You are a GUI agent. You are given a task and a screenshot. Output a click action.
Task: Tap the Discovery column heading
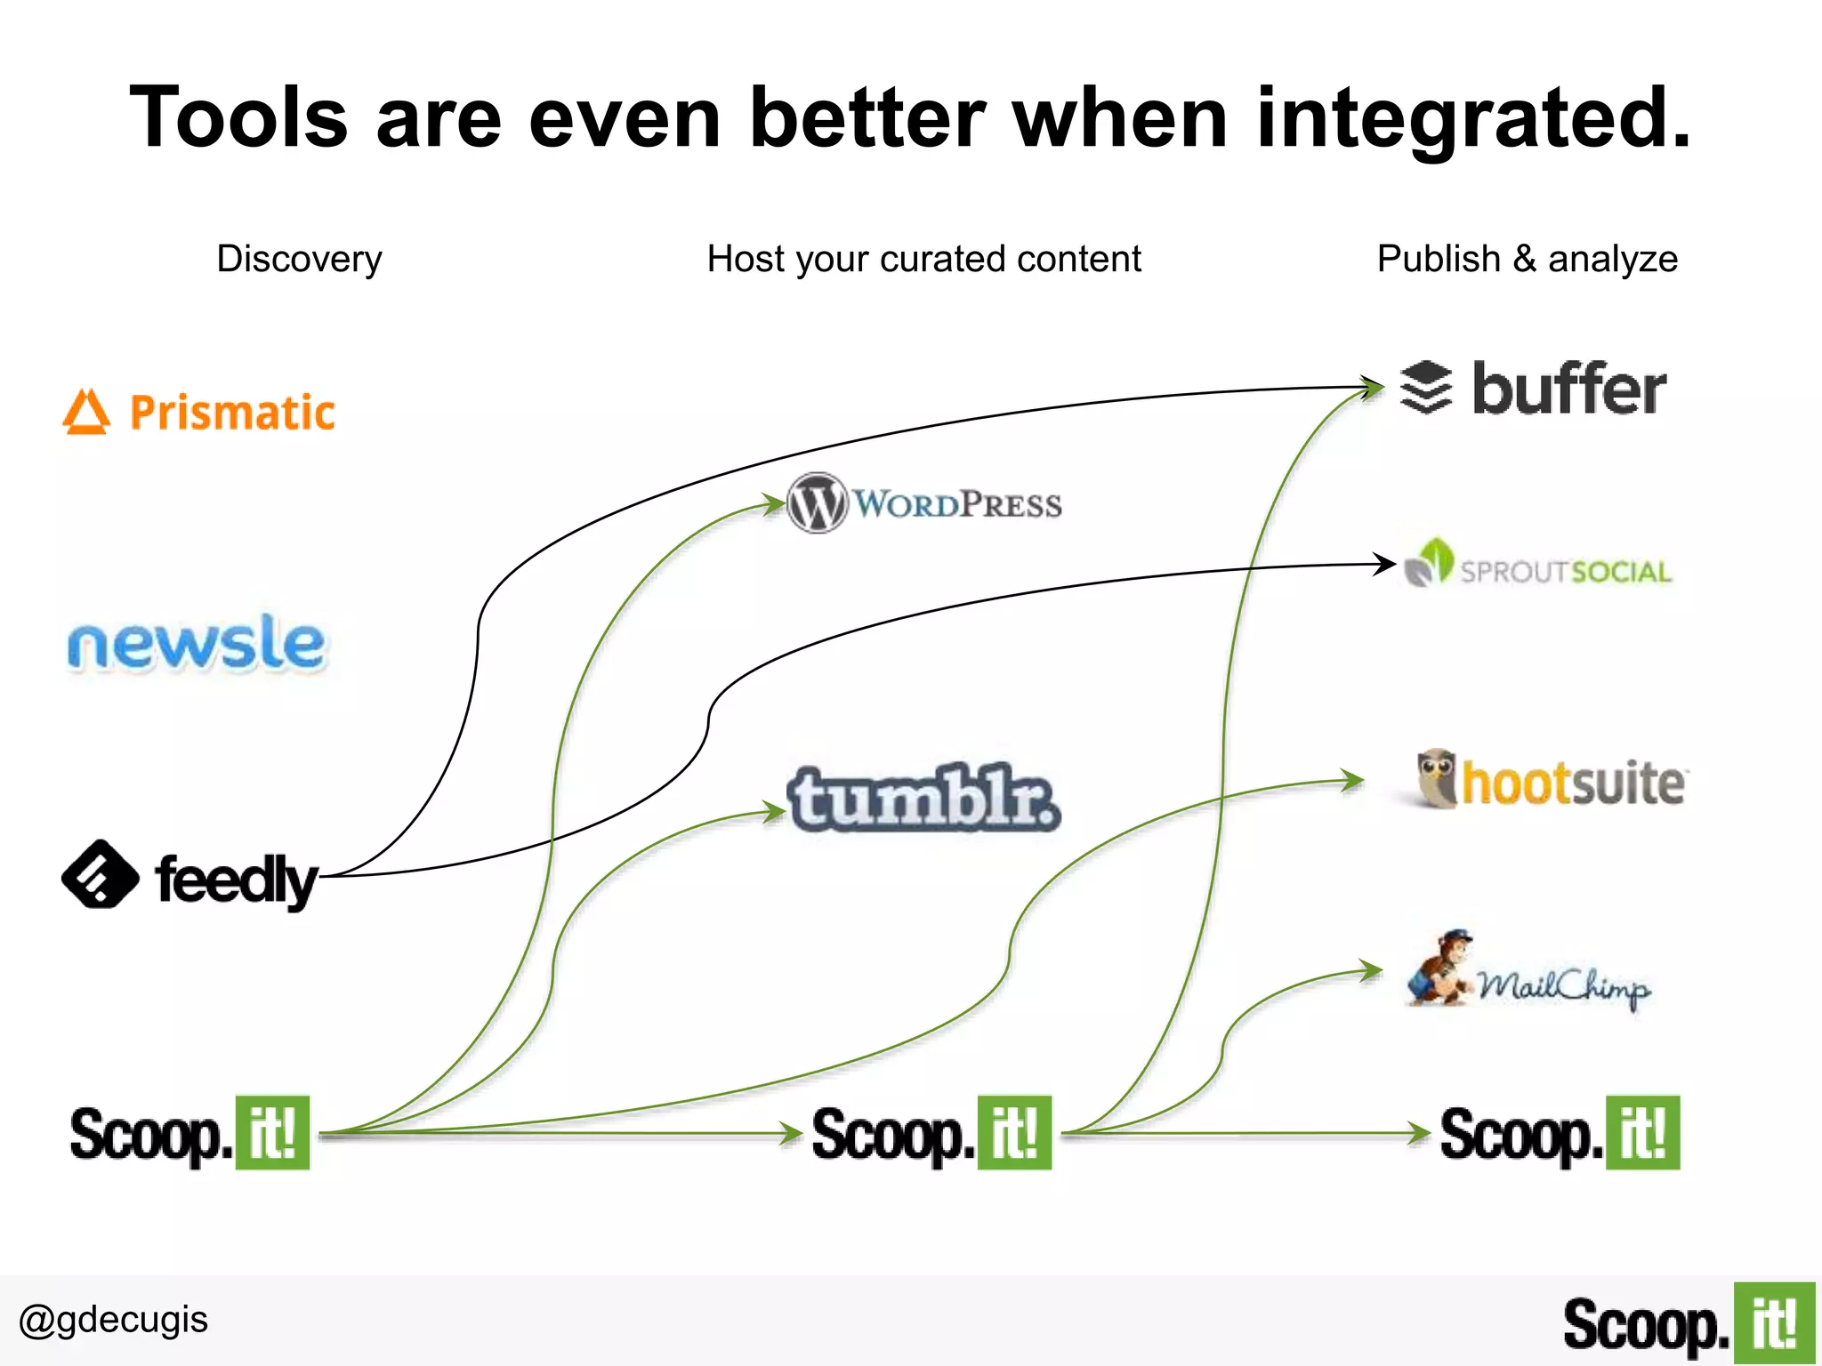(299, 260)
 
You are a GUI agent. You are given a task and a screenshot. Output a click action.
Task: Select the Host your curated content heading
(923, 260)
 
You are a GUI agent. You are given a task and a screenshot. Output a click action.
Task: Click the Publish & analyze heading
(1527, 260)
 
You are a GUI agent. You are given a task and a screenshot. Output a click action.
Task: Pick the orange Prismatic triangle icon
(86, 413)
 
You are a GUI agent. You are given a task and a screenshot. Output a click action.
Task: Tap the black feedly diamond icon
(100, 874)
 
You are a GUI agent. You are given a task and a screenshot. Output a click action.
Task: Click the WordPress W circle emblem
(816, 503)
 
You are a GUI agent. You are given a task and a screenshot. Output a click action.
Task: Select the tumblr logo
(923, 798)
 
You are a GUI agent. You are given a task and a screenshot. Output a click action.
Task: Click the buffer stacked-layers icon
(1425, 388)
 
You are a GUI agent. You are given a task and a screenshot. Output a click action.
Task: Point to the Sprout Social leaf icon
(1429, 563)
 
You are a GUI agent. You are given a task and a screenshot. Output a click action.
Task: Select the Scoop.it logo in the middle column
(931, 1134)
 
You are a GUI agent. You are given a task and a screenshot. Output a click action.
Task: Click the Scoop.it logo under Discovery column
(189, 1134)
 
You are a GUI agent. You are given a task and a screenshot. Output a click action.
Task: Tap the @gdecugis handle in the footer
(113, 1320)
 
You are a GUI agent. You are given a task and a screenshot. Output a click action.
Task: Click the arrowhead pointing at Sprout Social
(1385, 563)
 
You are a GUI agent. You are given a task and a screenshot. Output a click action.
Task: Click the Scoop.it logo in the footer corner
(1688, 1324)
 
